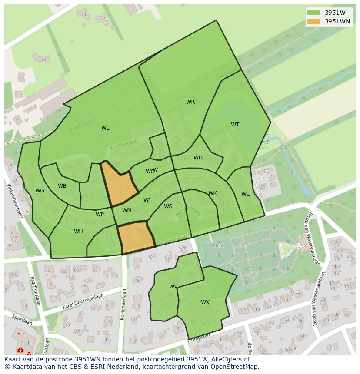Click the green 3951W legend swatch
(313, 13)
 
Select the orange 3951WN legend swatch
(313, 21)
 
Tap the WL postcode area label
(105, 128)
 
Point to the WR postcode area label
(190, 102)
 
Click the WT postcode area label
(235, 125)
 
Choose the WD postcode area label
(198, 158)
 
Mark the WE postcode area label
(246, 194)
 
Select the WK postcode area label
(213, 193)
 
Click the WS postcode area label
(168, 206)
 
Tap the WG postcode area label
(40, 191)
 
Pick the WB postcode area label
(62, 186)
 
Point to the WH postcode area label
(78, 231)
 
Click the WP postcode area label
(100, 215)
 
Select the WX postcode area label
(205, 302)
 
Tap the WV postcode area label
(173, 287)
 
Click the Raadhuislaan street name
(35, 291)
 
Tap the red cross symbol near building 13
(20, 350)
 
